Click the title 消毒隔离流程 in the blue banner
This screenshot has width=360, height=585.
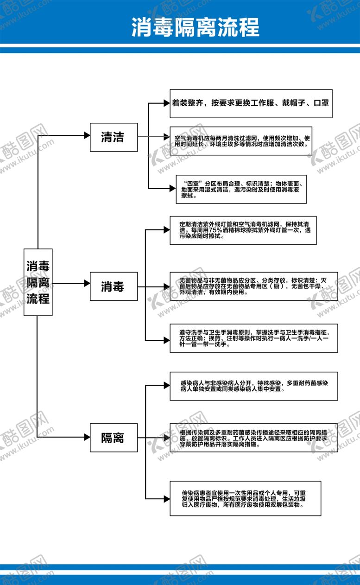[x=195, y=27]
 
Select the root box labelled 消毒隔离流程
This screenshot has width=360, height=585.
[x=38, y=282]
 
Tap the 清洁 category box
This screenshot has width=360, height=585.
[x=114, y=137]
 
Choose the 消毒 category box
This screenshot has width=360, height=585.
[x=114, y=286]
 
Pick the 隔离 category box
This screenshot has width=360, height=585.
[x=114, y=437]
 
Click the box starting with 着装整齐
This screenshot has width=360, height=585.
[x=251, y=103]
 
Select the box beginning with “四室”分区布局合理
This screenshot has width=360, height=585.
[x=241, y=190]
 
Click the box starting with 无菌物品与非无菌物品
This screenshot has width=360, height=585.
[x=253, y=286]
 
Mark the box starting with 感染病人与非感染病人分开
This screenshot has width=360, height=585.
[x=253, y=386]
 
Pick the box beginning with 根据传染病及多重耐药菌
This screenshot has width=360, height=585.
[x=253, y=437]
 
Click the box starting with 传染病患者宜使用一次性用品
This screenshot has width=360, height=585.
[x=245, y=499]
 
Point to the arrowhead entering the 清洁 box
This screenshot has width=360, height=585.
[x=87, y=135]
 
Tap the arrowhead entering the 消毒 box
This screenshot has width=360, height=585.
[x=87, y=283]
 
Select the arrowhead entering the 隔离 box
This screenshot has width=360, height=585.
[x=87, y=437]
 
